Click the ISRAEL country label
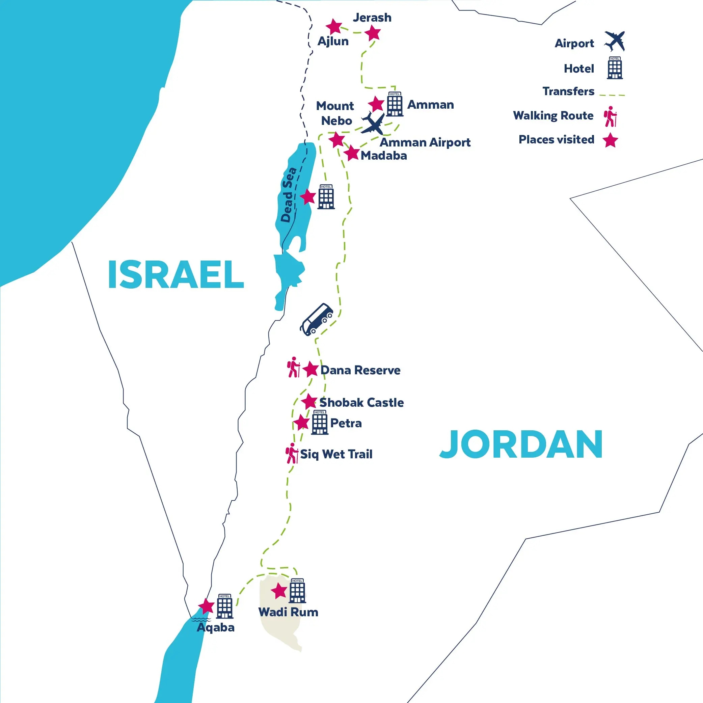tap(176, 275)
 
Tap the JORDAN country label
tap(521, 445)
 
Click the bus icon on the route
tap(316, 319)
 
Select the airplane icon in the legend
tap(615, 41)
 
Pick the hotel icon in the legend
tap(615, 68)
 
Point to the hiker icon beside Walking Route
tap(611, 116)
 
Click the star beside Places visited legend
tap(610, 140)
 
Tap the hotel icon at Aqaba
tap(224, 606)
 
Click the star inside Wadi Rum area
tap(279, 591)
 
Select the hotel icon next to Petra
tap(320, 423)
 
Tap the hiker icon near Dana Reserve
tap(293, 367)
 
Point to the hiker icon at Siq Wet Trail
tap(292, 453)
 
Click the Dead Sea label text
tap(289, 195)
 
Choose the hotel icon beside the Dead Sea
tap(326, 197)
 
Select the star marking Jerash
tap(373, 33)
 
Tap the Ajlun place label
tap(333, 42)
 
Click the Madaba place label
tap(383, 156)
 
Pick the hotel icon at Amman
tap(395, 104)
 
